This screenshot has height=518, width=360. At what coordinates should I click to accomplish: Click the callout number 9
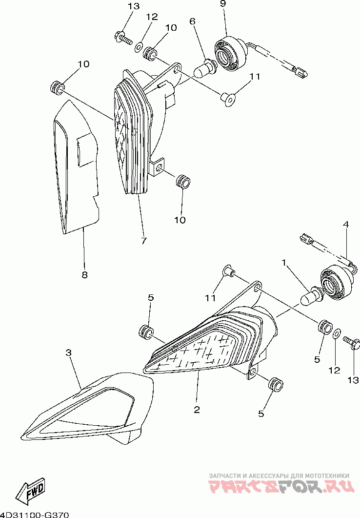[x=223, y=3]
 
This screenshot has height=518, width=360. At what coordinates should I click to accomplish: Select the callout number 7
[x=144, y=241]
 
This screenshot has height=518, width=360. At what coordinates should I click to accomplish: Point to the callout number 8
[x=84, y=275]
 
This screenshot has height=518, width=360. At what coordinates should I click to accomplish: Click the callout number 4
[x=345, y=225]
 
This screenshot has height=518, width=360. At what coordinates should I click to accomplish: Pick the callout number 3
[x=69, y=352]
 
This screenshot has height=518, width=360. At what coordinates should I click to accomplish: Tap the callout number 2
[x=197, y=410]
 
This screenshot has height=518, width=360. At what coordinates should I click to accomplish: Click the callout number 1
[x=283, y=263]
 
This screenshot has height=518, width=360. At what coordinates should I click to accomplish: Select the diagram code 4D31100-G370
[x=35, y=514]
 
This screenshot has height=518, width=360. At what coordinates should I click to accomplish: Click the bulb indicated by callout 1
[x=310, y=296]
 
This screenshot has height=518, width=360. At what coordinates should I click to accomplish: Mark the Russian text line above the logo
[x=279, y=476]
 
